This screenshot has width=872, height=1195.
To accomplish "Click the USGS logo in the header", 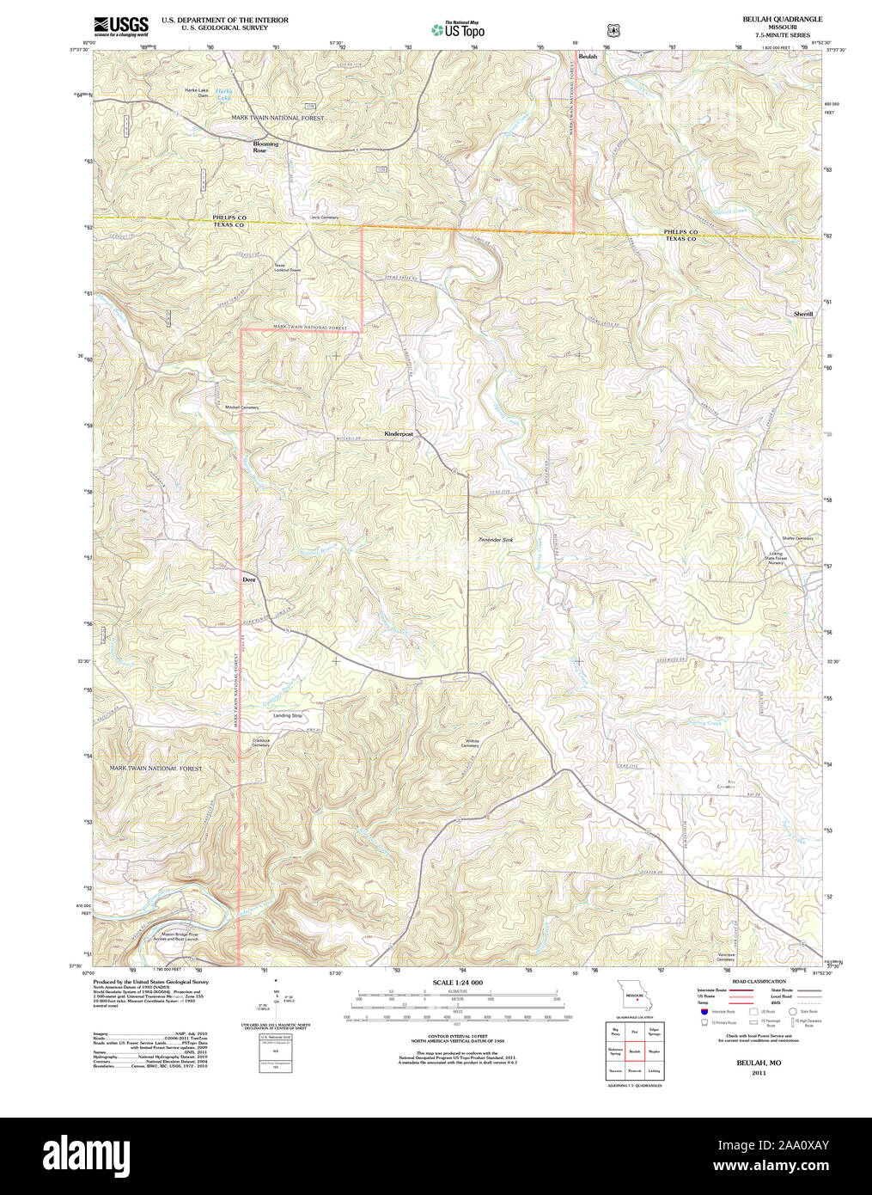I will [x=121, y=25].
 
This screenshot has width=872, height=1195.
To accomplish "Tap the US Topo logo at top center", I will [x=458, y=29].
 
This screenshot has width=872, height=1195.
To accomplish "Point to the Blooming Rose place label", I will [x=265, y=147].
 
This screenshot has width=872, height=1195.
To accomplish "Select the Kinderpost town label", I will [x=399, y=435].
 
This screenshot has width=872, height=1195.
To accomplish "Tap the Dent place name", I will [x=249, y=579].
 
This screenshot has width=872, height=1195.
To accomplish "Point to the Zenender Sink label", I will [x=495, y=540].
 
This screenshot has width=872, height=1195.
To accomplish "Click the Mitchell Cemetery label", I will [x=241, y=407].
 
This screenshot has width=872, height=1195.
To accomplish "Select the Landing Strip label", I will [x=288, y=715].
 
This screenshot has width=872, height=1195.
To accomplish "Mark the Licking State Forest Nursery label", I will [x=783, y=557].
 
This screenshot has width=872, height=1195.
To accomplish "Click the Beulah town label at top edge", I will [x=588, y=56].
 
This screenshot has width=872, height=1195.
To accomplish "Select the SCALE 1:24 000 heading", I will [x=457, y=982].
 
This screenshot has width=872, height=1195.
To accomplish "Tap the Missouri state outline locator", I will [x=634, y=996].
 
